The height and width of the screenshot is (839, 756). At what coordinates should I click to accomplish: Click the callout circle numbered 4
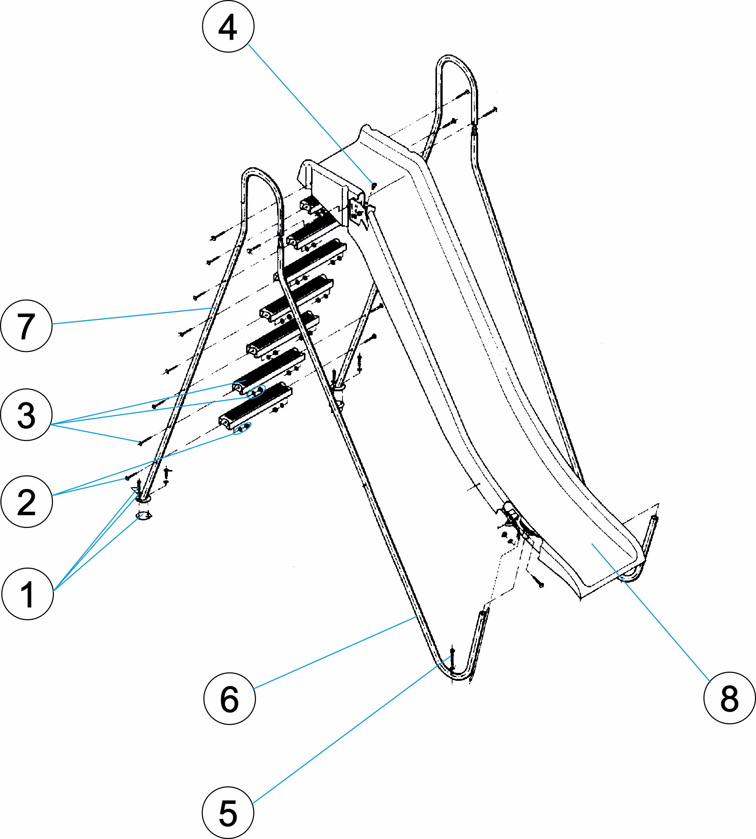point(228,26)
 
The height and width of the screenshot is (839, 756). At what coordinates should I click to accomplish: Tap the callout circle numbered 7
point(26,326)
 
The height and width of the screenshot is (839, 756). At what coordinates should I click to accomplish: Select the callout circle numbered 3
point(26,415)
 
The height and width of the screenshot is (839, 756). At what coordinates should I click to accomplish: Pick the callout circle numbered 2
point(26,502)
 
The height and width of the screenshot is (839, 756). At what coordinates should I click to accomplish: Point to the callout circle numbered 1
point(28,594)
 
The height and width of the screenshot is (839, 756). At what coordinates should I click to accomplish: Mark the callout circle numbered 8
point(730,698)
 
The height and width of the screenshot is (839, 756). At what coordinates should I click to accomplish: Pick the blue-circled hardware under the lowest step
point(242,428)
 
